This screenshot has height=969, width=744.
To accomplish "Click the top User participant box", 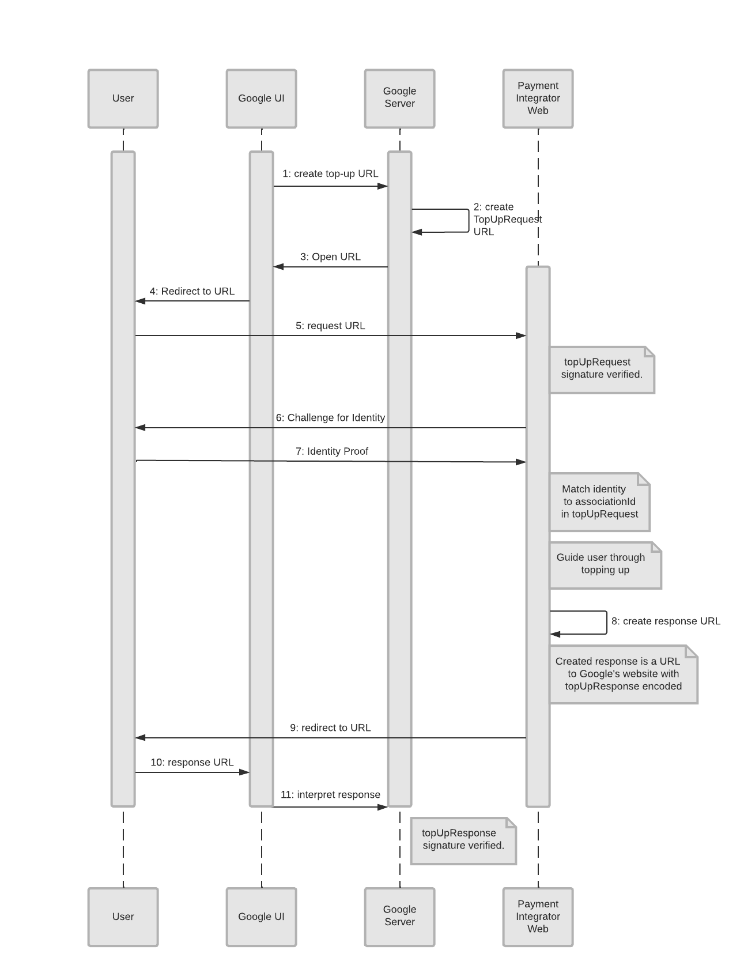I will (x=123, y=99).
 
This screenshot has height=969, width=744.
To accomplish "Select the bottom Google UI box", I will (x=261, y=917).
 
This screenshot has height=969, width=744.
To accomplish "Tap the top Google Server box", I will (x=399, y=99).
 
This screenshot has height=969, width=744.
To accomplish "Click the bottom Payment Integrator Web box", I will (x=538, y=917).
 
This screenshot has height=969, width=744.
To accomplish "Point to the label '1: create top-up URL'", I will (x=330, y=174).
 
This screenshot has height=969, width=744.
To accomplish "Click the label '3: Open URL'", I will (x=330, y=257).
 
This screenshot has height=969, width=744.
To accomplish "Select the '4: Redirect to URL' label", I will (x=192, y=292).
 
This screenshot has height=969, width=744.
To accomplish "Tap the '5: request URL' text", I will (x=330, y=326).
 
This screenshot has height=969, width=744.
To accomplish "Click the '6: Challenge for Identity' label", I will (x=330, y=418).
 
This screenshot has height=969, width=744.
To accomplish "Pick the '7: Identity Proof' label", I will (x=331, y=452).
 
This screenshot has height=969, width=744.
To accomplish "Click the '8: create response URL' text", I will (x=666, y=621).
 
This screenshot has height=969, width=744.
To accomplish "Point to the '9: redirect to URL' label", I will (x=330, y=728).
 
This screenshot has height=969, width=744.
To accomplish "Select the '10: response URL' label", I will (x=192, y=763).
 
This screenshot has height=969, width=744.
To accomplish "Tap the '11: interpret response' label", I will (x=330, y=795).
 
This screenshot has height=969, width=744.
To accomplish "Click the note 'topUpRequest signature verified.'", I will (x=602, y=369).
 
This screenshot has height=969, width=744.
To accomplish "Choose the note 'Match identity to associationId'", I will (x=599, y=502).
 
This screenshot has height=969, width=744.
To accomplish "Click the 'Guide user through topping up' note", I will (x=605, y=564).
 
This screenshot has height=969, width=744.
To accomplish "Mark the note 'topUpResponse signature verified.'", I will (x=463, y=840).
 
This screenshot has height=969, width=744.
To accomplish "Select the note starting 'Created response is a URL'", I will (x=622, y=674).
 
